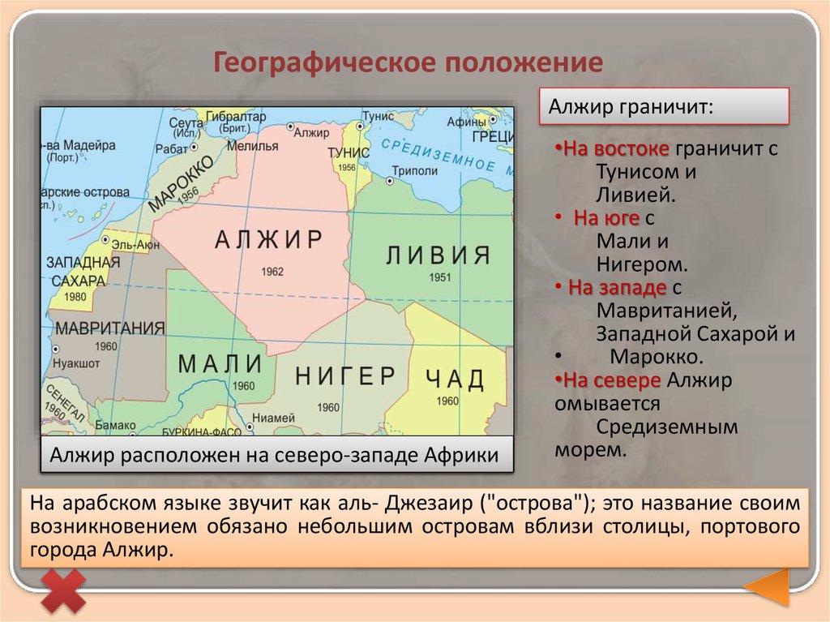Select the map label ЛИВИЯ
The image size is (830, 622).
(x=438, y=255)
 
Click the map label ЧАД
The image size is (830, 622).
(x=454, y=379)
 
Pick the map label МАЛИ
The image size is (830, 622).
(x=220, y=362)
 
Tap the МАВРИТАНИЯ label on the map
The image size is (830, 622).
(x=110, y=328)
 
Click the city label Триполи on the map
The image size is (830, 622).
(x=414, y=171)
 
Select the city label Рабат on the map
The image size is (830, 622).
(x=172, y=148)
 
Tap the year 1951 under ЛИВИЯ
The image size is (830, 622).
(x=440, y=277)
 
